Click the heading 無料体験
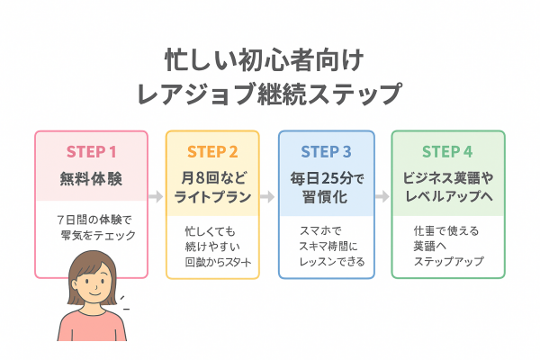pos(91,176)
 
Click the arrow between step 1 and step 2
pos(156,194)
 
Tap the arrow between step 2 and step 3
pos(268,194)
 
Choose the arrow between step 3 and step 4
pos(382,194)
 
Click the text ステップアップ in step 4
pos(447,263)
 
